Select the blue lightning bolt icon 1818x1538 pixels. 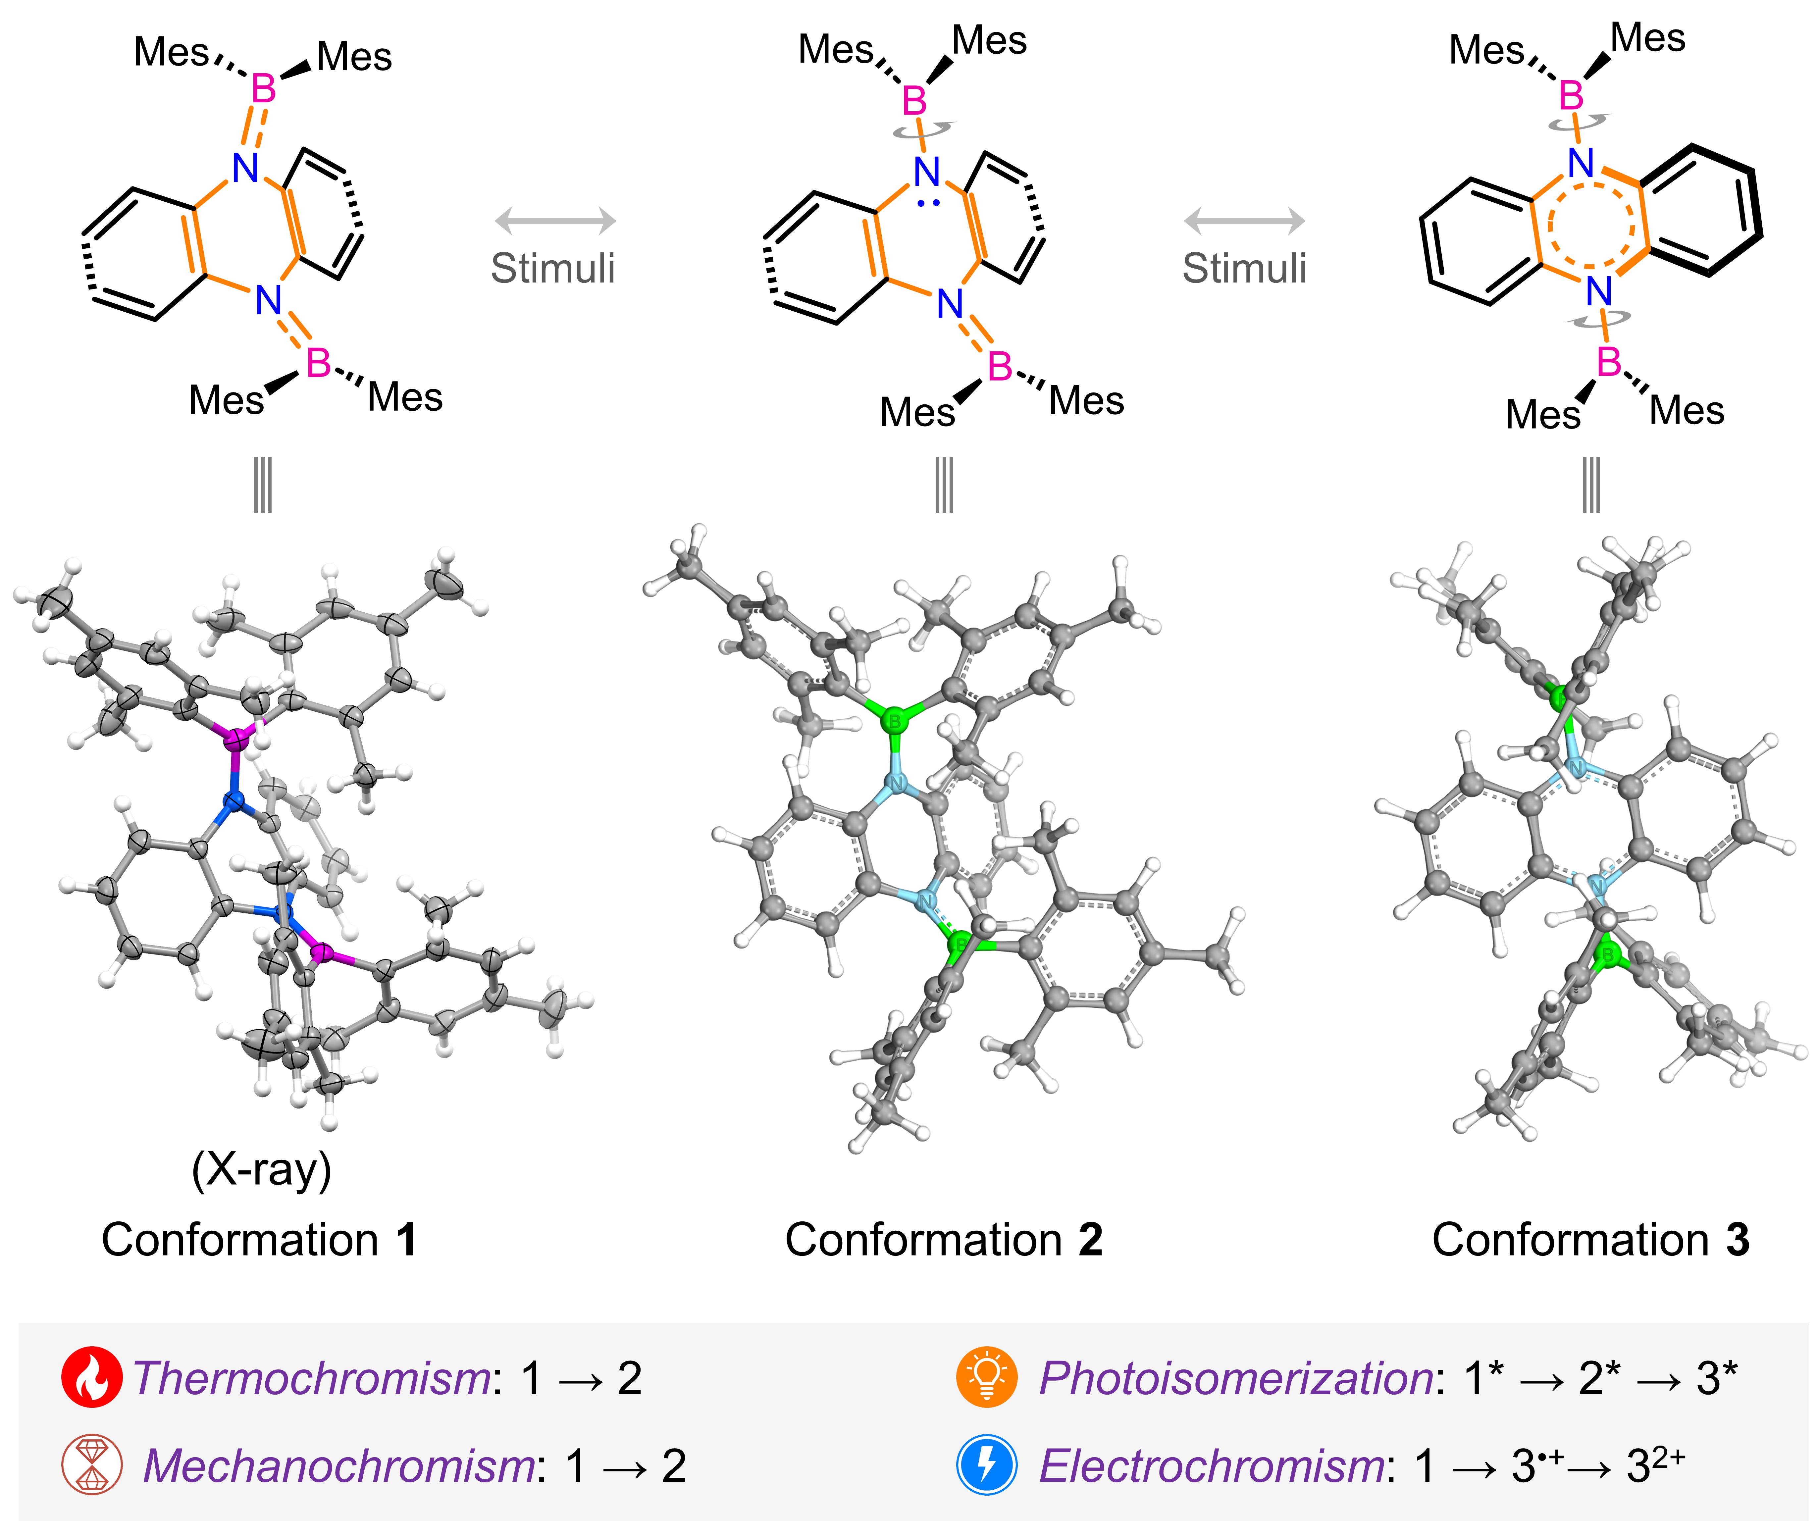pyautogui.click(x=986, y=1465)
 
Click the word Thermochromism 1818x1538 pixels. pyautogui.click(x=311, y=1378)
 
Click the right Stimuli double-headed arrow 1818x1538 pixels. pyautogui.click(x=1244, y=221)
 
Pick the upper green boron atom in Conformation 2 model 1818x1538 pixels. pyautogui.click(x=893, y=721)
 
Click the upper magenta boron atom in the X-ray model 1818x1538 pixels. pyautogui.click(x=235, y=741)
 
